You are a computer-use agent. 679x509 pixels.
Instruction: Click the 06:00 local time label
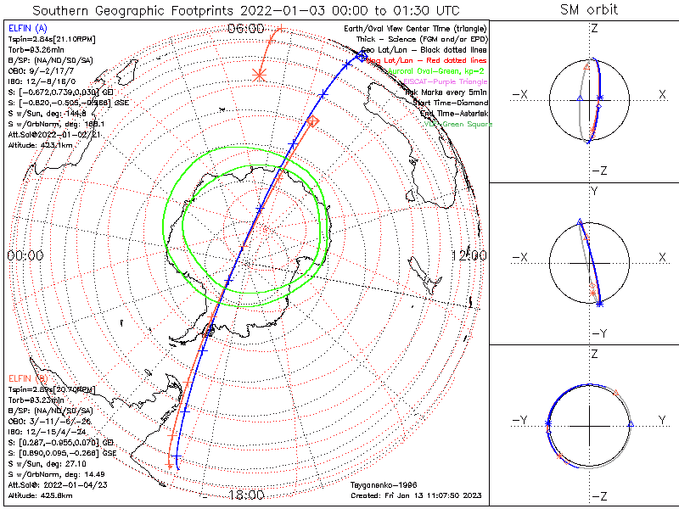[246, 29]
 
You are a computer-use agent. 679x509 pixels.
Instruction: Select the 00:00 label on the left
[25, 255]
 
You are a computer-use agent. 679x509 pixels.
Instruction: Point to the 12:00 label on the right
[469, 255]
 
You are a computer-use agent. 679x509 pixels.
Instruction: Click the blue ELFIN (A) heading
[28, 28]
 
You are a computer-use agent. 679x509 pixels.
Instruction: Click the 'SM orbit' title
[589, 10]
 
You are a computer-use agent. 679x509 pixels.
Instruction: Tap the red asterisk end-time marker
[260, 75]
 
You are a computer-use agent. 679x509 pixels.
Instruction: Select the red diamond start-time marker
[312, 122]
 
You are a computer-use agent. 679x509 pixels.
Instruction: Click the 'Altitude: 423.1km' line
[39, 144]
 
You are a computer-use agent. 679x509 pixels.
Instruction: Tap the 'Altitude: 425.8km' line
[39, 495]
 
